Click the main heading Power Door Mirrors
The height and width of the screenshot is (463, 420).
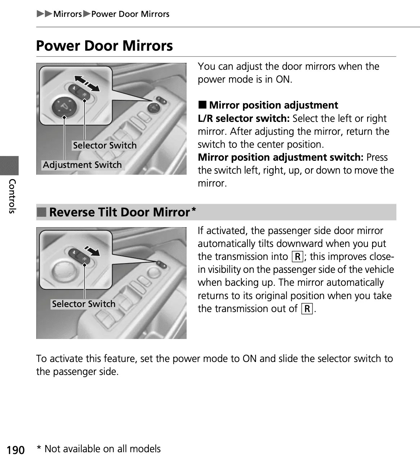click(104, 46)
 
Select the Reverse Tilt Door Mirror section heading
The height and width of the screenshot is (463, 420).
click(119, 212)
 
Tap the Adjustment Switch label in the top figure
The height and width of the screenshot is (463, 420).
click(82, 165)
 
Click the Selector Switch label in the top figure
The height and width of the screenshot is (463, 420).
click(105, 146)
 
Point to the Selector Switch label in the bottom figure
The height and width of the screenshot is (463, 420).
click(84, 304)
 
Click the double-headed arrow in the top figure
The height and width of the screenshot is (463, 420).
click(87, 83)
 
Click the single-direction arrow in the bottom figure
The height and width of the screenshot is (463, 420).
click(92, 251)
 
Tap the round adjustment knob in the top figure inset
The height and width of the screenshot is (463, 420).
click(64, 106)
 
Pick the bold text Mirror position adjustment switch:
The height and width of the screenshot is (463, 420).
click(280, 157)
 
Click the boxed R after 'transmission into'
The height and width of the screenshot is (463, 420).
click(298, 257)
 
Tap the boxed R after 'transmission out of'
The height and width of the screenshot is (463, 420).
click(307, 309)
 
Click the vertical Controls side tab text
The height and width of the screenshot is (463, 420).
click(12, 196)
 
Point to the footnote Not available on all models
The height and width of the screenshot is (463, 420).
click(102, 449)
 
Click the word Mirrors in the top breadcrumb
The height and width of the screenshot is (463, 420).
click(68, 14)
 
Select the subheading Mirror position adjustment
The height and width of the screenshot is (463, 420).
click(273, 105)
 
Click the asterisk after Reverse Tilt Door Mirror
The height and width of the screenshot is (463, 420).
click(194, 209)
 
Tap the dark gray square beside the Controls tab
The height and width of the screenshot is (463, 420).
click(9, 165)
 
